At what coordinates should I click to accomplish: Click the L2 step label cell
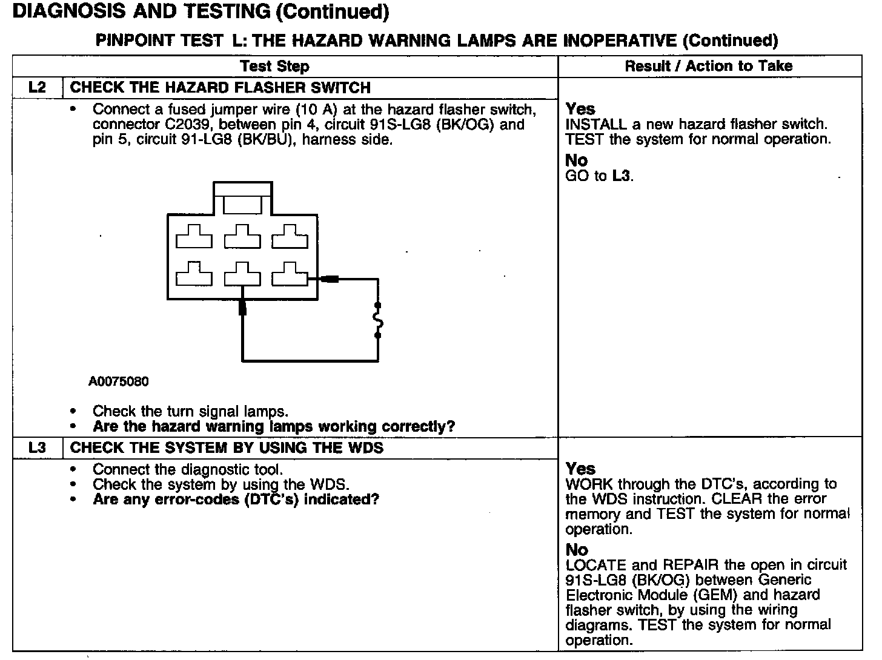pyautogui.click(x=37, y=87)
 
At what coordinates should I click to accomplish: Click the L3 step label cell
pyautogui.click(x=37, y=447)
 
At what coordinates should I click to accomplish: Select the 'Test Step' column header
pyautogui.click(x=274, y=66)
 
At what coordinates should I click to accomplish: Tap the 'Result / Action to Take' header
pyautogui.click(x=708, y=66)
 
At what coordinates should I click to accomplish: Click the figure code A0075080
pyautogui.click(x=119, y=381)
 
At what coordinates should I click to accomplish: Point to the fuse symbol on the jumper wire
pyautogui.click(x=379, y=320)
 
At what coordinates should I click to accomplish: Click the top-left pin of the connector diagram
pyautogui.click(x=194, y=237)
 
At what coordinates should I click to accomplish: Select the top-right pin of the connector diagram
pyautogui.click(x=290, y=237)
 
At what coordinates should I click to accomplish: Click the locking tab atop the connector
pyautogui.click(x=242, y=203)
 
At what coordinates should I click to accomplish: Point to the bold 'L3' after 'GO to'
pyautogui.click(x=622, y=176)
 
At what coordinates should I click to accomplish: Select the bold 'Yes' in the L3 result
pyautogui.click(x=580, y=469)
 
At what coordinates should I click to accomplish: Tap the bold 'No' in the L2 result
pyautogui.click(x=576, y=160)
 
